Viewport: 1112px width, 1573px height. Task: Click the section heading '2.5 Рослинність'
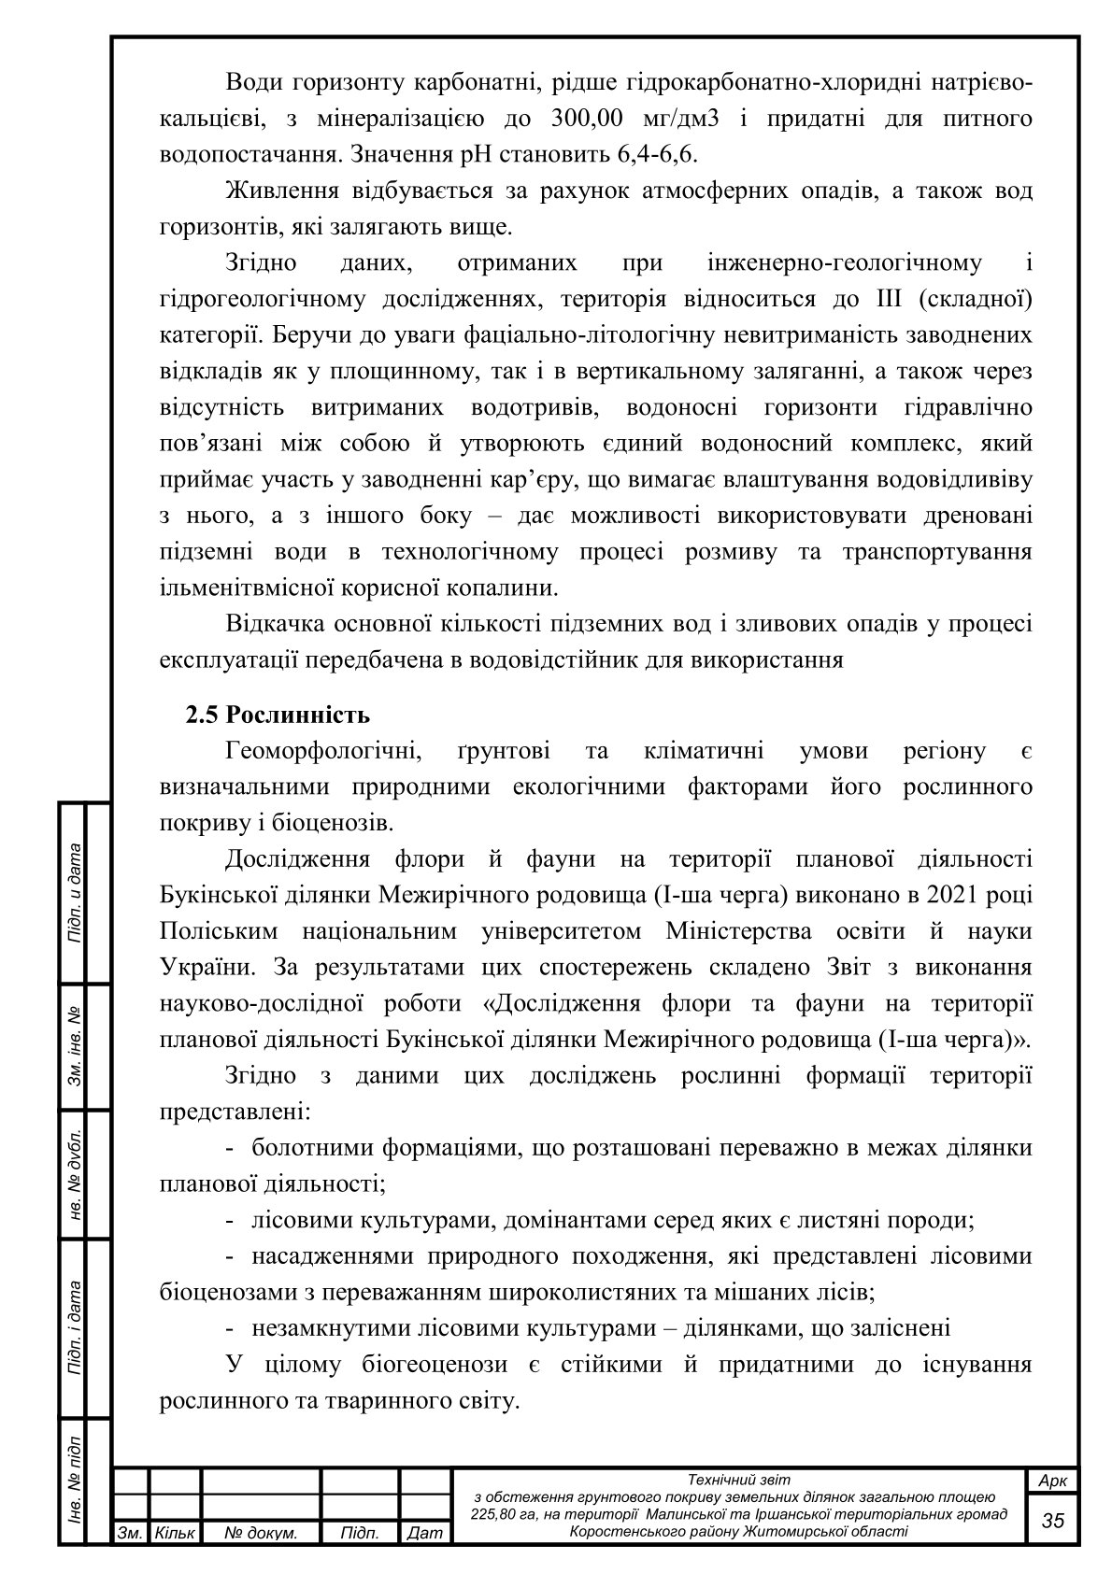tap(278, 716)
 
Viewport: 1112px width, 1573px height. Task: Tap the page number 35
tap(1053, 1520)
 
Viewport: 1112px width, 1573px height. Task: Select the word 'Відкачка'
tap(280, 624)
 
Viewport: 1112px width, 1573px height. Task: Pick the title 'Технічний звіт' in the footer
tap(738, 1480)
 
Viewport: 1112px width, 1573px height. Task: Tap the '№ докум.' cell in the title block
tap(262, 1533)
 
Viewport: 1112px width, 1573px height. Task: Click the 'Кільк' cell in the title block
tap(175, 1533)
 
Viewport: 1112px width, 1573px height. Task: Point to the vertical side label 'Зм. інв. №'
tap(74, 1046)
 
